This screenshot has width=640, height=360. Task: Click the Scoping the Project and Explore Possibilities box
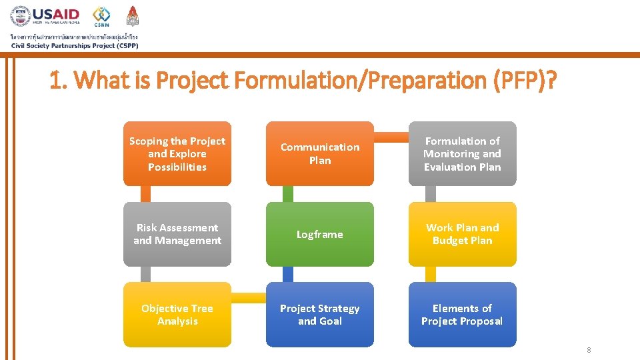click(x=177, y=154)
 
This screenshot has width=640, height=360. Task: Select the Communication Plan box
click(x=320, y=154)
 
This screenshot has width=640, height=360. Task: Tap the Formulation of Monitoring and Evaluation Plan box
click(x=462, y=154)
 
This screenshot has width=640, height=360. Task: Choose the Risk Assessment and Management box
click(x=177, y=234)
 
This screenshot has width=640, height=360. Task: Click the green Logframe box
click(x=320, y=234)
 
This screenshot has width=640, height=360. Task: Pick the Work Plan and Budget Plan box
click(x=462, y=234)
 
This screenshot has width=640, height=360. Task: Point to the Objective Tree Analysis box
click(x=177, y=315)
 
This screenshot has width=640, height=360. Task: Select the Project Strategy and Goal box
click(x=320, y=315)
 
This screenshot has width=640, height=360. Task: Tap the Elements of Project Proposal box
click(x=462, y=315)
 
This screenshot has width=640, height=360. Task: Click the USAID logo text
click(x=56, y=14)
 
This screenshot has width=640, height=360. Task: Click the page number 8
click(x=589, y=351)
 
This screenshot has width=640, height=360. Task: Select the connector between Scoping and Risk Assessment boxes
click(x=146, y=193)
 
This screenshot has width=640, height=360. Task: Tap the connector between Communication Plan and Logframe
click(x=288, y=193)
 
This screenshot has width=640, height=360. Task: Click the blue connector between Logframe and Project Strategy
click(x=288, y=274)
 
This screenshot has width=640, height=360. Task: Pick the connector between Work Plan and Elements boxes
click(x=431, y=274)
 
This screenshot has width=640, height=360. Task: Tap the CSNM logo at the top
click(x=102, y=16)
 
